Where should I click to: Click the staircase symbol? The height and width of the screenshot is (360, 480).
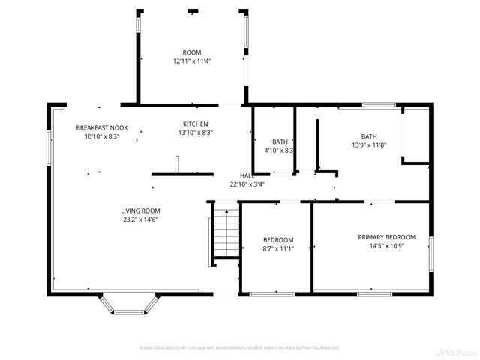226,232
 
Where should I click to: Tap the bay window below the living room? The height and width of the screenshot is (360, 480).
129,304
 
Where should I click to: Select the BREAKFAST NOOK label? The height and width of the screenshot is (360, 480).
101,128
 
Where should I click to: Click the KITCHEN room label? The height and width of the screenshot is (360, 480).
196,124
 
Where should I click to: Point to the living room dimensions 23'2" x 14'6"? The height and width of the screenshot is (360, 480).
140,220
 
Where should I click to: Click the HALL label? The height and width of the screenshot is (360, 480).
247,175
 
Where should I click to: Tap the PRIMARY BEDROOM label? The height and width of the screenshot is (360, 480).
386,237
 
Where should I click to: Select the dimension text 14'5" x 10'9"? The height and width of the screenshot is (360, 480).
386,246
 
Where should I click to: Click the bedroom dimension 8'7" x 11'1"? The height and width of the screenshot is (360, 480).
278,248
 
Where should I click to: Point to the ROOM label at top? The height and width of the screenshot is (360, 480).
192,52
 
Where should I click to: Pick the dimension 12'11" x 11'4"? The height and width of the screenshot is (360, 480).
192,61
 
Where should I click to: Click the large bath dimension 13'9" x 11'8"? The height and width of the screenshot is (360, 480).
369,145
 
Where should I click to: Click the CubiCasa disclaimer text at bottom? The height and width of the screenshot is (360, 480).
240,348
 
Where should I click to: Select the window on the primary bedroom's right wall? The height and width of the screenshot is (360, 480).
430,253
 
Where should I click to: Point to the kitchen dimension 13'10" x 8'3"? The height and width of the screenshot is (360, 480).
196,133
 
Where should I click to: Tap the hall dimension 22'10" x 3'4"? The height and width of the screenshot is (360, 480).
247,184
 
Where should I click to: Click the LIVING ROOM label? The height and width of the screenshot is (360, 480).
140,211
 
